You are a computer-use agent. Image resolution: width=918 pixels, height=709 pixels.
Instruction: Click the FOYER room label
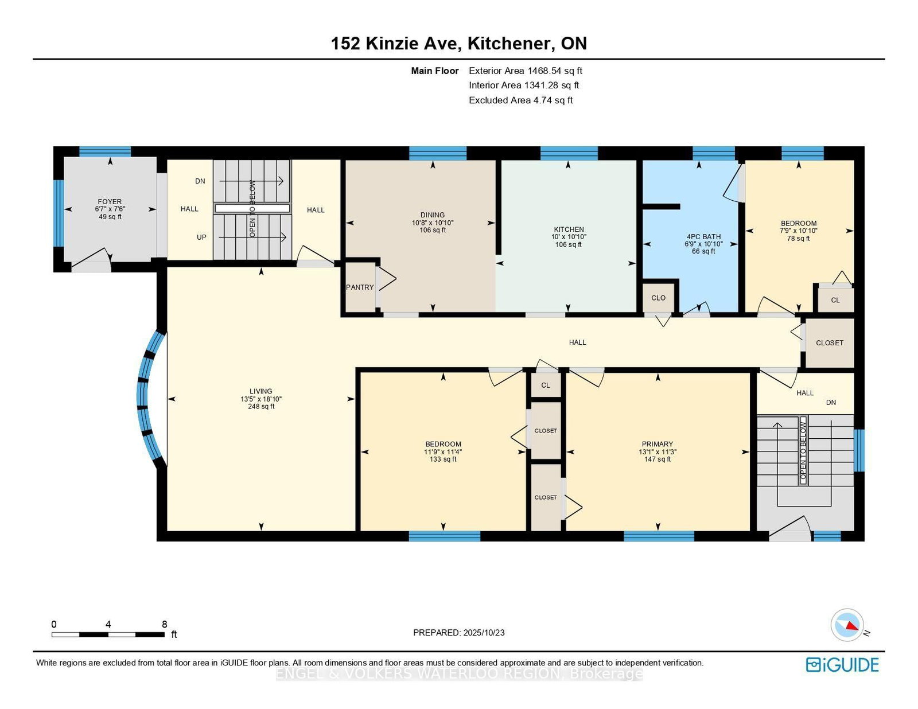point(110,201)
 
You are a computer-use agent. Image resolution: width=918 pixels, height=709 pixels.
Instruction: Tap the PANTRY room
point(360,287)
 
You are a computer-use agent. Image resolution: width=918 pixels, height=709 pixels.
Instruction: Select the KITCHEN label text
point(569,229)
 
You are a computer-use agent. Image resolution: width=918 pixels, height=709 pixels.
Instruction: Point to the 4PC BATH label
point(703,236)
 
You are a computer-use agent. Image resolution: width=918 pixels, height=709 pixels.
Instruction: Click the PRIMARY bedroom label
point(658,444)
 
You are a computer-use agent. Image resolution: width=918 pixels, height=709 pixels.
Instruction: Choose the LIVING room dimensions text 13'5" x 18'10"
point(261,399)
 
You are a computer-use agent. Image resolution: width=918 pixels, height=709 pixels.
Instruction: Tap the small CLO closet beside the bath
point(659,298)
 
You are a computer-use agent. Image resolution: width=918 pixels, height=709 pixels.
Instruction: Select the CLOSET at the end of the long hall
point(830,342)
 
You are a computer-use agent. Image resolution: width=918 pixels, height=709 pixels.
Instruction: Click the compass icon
point(847,625)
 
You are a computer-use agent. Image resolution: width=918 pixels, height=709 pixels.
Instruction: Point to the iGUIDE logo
point(842,665)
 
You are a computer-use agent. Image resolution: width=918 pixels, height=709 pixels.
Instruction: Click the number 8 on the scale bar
point(165,625)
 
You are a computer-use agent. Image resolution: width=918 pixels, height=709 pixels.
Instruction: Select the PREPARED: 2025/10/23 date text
point(459,633)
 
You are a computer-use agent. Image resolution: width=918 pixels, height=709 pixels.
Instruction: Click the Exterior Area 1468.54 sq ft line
point(525,71)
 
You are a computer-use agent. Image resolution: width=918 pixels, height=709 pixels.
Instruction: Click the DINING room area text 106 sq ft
point(433,230)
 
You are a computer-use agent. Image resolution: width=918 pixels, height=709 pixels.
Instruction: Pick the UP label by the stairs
point(201,237)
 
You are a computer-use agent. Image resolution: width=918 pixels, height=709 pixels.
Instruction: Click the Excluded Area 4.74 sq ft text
point(520,100)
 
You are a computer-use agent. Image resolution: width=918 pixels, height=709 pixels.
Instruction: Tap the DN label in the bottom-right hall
point(831,403)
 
